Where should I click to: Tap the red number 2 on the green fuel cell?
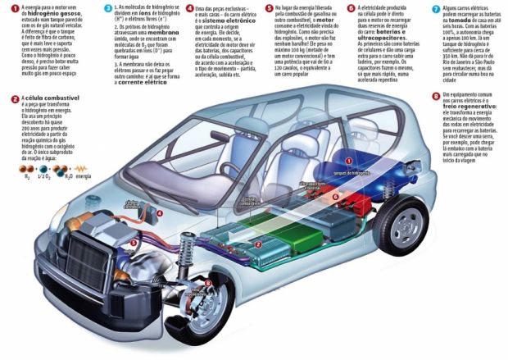pyautogui.click(x=258, y=244)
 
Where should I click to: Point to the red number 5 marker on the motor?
pyautogui.click(x=134, y=243)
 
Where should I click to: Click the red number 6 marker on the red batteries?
pyautogui.click(x=334, y=198)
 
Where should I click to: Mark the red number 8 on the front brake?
pyautogui.click(x=208, y=284)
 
